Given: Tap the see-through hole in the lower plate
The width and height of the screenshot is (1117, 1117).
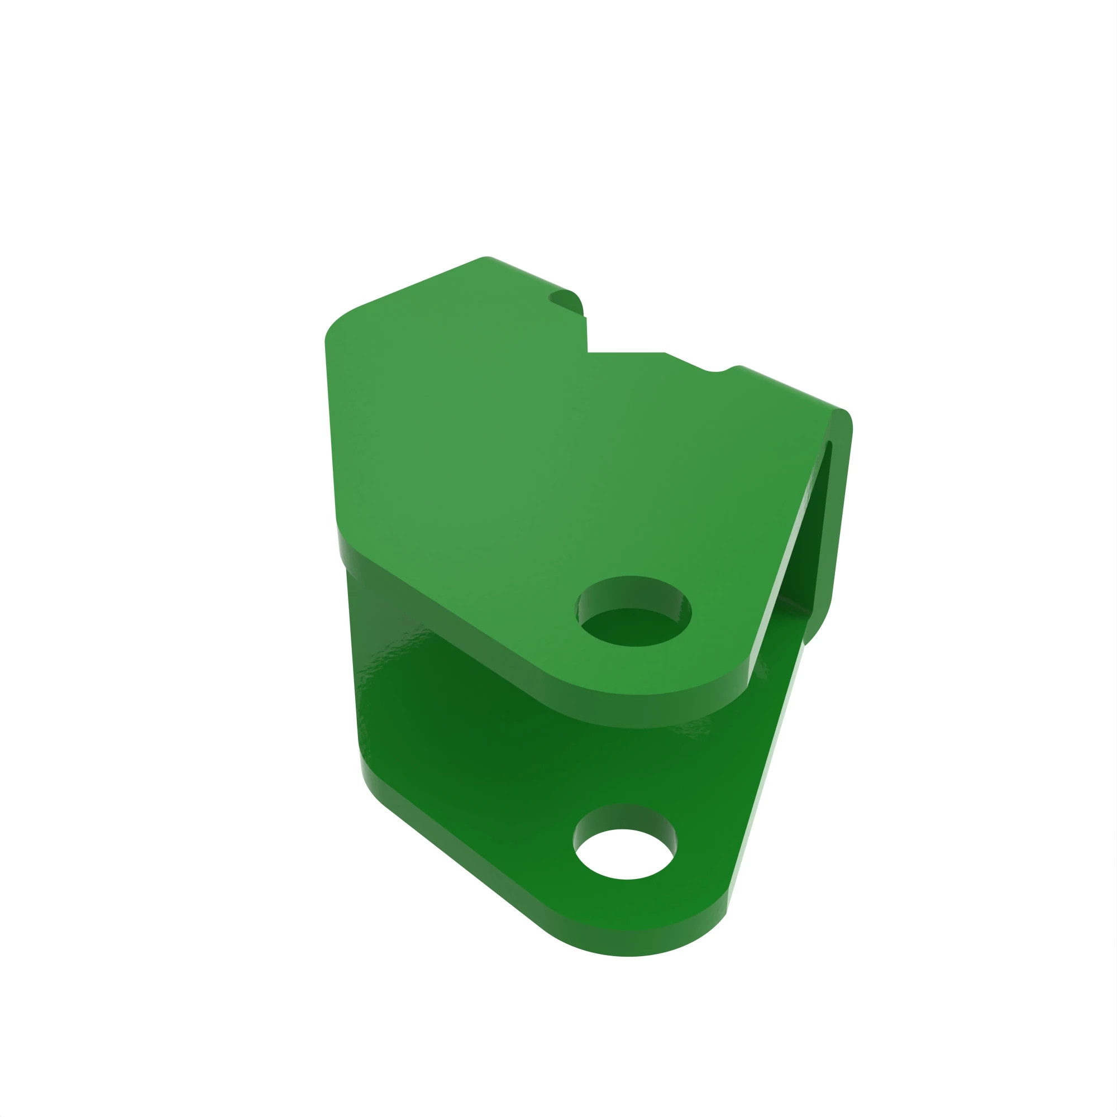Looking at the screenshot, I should coord(624,854).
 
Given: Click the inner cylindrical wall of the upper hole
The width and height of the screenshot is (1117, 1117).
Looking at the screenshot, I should coord(633,593).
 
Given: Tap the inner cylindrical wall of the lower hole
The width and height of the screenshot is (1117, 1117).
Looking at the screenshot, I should coord(624,817).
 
